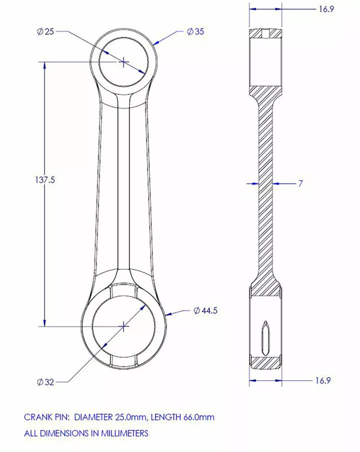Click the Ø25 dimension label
click(45, 31)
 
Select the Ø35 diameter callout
click(195, 31)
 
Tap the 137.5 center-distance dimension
click(44, 180)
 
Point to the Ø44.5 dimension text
click(205, 311)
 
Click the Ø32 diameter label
click(45, 382)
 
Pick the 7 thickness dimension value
click(300, 183)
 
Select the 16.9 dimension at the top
click(326, 9)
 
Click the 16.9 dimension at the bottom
click(323, 381)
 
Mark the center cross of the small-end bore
click(123, 62)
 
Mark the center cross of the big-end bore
click(123, 326)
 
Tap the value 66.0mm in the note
click(198, 417)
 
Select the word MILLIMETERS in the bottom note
click(124, 433)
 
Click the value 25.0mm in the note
click(131, 417)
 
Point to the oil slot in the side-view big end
click(265, 338)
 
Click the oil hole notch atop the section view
click(265, 33)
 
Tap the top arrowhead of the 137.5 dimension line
click(44, 66)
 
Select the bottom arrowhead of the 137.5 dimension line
click(44, 322)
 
